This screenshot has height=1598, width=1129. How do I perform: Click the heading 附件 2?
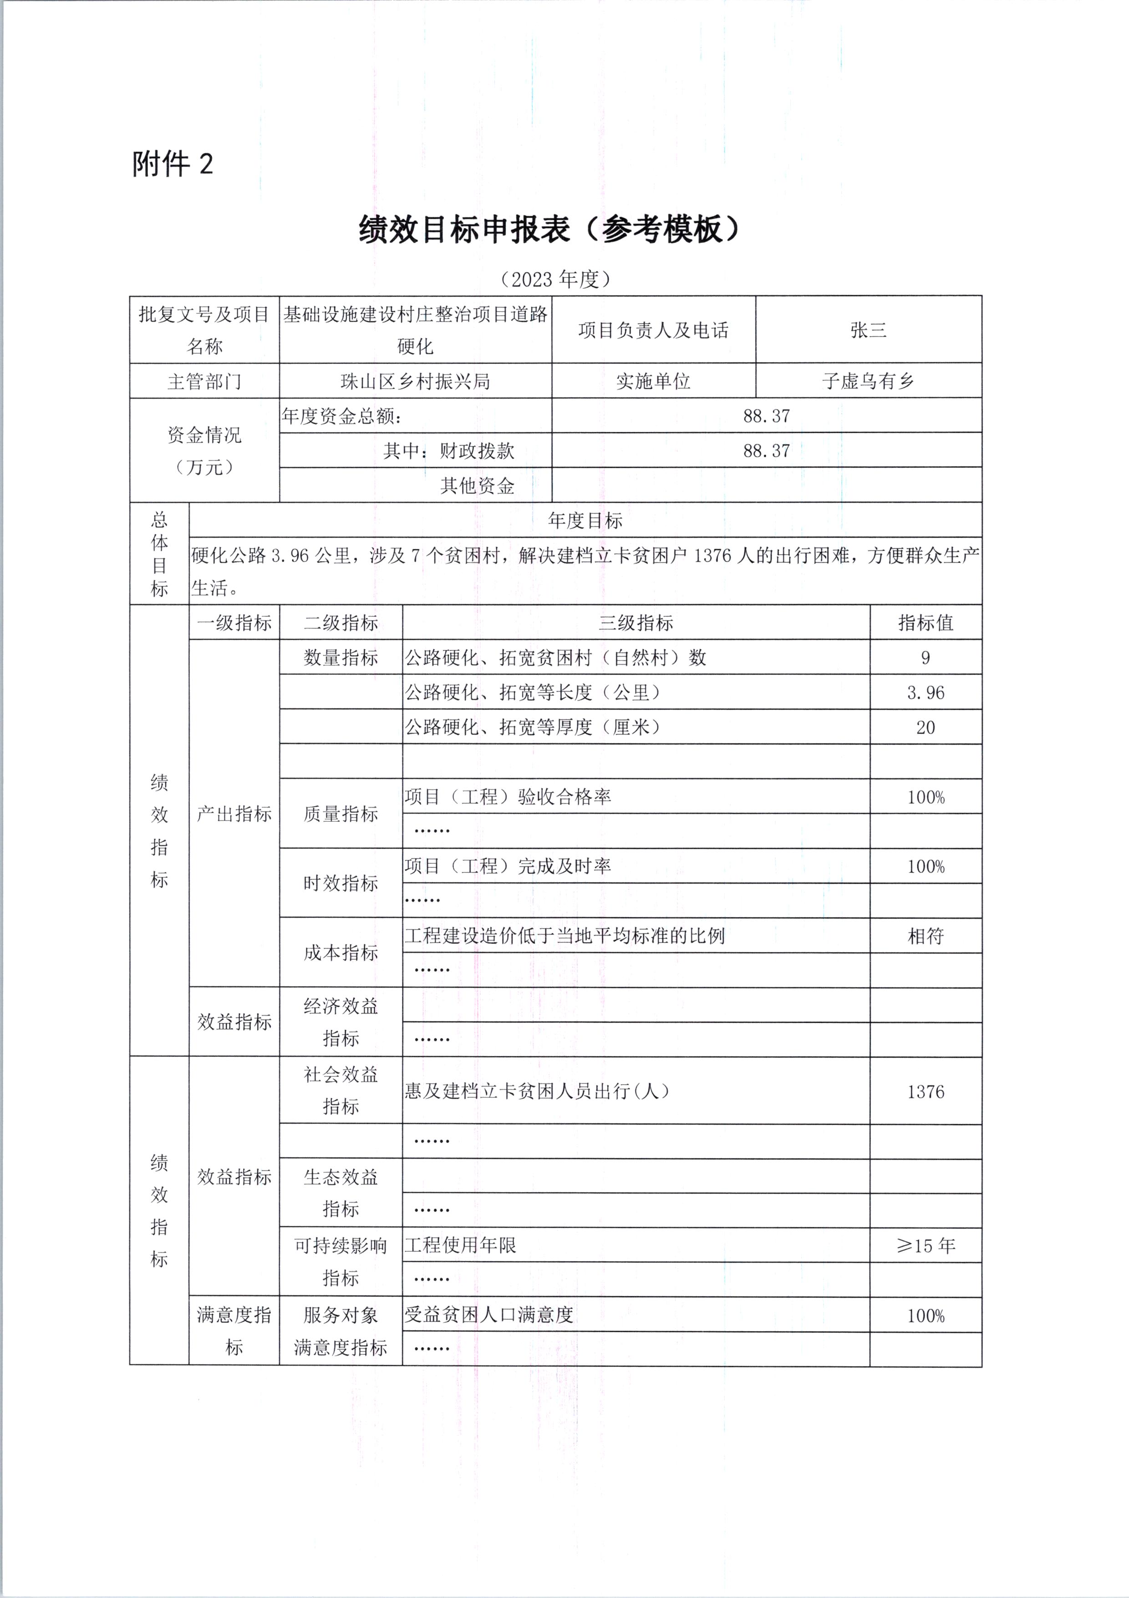[173, 164]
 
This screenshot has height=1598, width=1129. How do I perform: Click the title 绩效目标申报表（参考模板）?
[549, 229]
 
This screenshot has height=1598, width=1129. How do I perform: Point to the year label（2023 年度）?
[555, 279]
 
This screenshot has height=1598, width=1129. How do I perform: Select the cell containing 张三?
[868, 330]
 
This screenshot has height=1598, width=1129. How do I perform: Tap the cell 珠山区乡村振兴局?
[415, 381]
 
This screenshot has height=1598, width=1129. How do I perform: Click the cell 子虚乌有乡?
[868, 381]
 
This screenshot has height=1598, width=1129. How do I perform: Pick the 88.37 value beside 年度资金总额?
[767, 416]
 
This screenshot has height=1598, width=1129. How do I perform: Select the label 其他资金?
[477, 486]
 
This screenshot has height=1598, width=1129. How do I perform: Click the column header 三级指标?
[636, 623]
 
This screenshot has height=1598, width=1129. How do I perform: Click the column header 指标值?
[925, 623]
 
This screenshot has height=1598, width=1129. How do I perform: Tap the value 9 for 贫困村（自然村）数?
[925, 658]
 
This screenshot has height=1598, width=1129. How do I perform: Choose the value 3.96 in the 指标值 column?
[925, 692]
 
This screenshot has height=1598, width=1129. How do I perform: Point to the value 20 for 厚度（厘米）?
[925, 727]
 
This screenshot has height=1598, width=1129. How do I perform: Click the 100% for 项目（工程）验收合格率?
[925, 797]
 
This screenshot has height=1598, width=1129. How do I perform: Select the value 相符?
[925, 936]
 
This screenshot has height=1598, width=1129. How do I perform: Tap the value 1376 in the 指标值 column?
[925, 1091]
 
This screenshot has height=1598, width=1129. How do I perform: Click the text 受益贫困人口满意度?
[489, 1315]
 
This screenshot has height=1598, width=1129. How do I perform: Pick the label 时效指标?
[341, 883]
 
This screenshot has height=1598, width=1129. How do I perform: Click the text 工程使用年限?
[461, 1245]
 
